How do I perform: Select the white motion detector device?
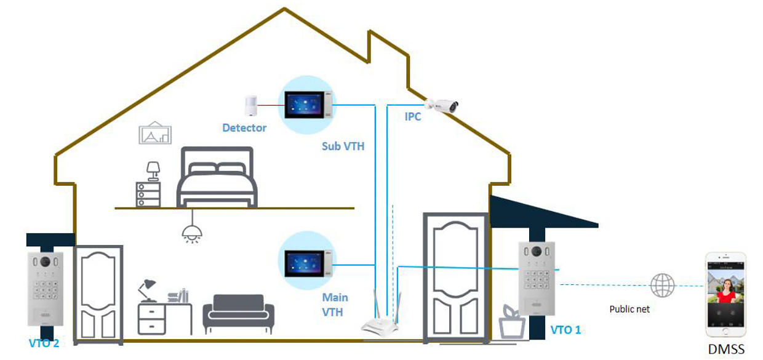click(250, 105)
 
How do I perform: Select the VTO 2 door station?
click(45, 289)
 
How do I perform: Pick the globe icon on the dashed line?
click(662, 286)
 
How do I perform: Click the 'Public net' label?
click(629, 309)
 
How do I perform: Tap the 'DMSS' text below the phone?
click(726, 350)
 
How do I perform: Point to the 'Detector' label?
click(244, 128)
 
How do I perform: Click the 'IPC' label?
click(413, 116)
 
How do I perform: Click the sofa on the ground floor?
click(238, 314)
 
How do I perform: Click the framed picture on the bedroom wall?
click(155, 134)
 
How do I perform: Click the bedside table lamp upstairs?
click(153, 170)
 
